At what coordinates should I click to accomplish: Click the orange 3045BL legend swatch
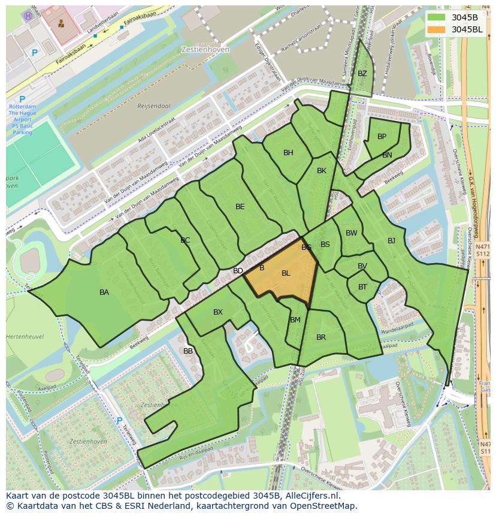coord(438,29)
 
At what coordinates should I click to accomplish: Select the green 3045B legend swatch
coord(438,17)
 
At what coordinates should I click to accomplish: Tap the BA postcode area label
coord(104,292)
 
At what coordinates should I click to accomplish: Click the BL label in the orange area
coord(286,273)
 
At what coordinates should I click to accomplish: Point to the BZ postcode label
coord(362,74)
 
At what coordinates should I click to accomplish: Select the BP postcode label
coord(382,137)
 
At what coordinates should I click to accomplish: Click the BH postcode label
coord(288,153)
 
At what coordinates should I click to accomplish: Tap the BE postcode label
coord(240,207)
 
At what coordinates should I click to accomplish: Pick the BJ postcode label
coord(391,241)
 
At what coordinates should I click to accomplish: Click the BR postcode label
coord(321,337)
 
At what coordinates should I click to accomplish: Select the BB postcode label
coord(188,351)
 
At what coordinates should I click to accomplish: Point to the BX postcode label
coord(218,312)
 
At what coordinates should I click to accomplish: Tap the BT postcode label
coord(362,287)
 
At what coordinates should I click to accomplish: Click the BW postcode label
coord(351,233)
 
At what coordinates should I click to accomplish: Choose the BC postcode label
coord(185,240)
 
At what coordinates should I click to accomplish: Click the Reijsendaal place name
coord(154,106)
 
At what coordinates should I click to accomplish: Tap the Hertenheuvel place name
coord(25,337)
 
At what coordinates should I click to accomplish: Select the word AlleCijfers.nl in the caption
coord(310,496)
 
